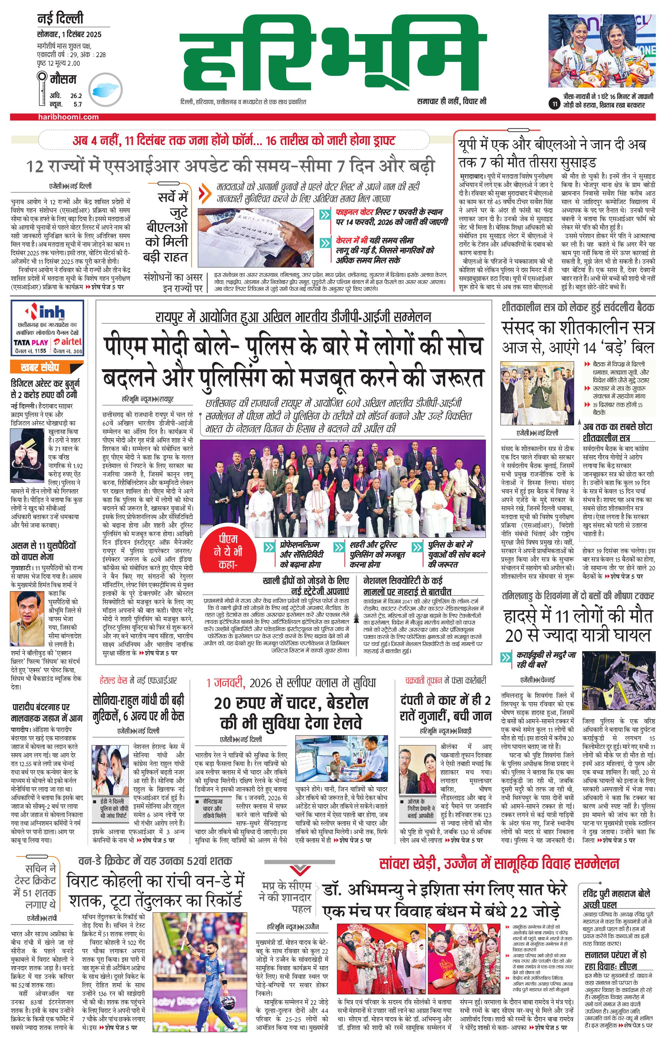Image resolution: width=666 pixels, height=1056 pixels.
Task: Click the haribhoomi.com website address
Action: tap(68, 117)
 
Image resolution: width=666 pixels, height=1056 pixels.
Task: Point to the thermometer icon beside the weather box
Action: tap(43, 90)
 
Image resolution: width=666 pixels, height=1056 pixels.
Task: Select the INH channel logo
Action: tap(48, 312)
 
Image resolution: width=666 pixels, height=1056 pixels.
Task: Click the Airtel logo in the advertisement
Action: tap(68, 342)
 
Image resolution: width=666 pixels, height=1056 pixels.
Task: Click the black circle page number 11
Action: tap(555, 104)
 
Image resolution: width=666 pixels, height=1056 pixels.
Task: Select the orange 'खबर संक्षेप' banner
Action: tap(40, 367)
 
